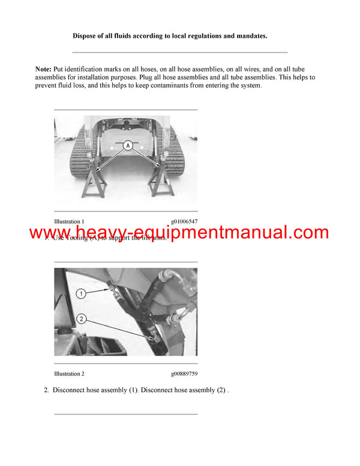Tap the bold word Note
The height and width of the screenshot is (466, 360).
coord(43,70)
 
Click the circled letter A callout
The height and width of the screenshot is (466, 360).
coord(127,145)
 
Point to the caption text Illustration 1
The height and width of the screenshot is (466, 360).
coord(69,222)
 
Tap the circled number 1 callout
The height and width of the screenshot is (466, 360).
coord(82,293)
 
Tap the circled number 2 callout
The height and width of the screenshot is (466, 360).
coord(82,319)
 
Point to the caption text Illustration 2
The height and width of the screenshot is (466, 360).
coord(69,374)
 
